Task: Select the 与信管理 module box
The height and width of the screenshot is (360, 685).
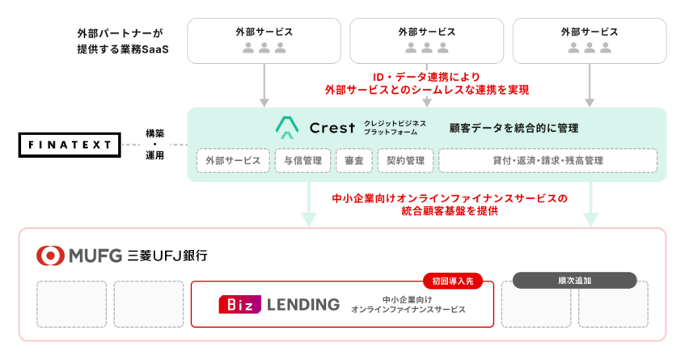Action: tap(303, 160)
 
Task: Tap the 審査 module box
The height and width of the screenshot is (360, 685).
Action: tap(353, 160)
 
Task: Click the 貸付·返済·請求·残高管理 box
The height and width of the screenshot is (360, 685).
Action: tap(548, 160)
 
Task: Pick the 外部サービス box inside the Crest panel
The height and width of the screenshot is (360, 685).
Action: tap(233, 160)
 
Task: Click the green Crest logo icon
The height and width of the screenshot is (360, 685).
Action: tap(287, 128)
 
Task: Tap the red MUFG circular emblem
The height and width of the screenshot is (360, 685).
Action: tap(50, 256)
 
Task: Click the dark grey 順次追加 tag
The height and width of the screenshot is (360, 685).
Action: tap(574, 281)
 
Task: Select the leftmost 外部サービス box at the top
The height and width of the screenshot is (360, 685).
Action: tap(264, 40)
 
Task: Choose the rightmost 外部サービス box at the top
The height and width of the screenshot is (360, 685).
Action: tap(590, 40)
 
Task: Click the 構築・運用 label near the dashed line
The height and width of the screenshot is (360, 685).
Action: tap(155, 144)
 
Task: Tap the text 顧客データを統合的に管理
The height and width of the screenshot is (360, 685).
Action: tap(514, 128)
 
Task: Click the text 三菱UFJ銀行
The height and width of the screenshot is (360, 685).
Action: tap(167, 256)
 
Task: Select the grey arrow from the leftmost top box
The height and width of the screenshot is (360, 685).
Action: tap(264, 86)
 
